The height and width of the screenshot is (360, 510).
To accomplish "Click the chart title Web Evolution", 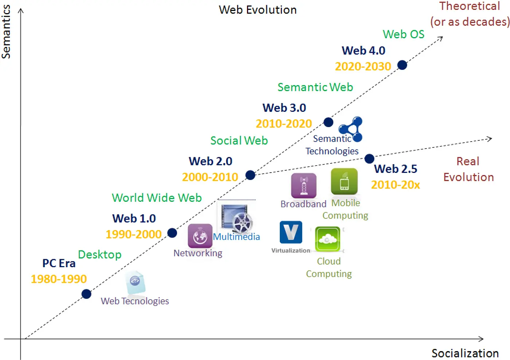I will click(x=258, y=10).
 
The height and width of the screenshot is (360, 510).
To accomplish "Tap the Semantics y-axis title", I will click(x=6, y=32).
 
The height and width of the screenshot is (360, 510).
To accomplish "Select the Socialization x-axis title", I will click(x=465, y=353).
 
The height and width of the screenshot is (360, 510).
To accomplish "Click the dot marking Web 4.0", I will click(x=402, y=65).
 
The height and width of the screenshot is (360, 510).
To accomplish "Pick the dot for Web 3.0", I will click(x=328, y=122).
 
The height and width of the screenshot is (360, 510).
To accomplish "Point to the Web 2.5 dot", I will click(x=369, y=159).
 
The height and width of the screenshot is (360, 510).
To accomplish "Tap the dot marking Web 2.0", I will click(x=250, y=175).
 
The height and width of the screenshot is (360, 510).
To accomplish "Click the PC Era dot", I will click(x=86, y=294).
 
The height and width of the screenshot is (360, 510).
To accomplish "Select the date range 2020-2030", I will click(x=363, y=66).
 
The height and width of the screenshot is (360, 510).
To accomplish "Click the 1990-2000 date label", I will click(x=133, y=234).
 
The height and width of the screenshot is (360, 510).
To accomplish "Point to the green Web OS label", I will click(x=403, y=34).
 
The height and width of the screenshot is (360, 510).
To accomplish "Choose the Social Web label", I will click(x=239, y=141).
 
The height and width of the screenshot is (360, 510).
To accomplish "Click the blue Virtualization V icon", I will click(x=291, y=232).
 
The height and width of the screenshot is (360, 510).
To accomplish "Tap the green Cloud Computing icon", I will click(x=327, y=239).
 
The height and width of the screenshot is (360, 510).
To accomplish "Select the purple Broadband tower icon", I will click(x=304, y=185).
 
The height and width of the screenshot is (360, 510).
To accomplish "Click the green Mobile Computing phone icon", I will click(x=344, y=181).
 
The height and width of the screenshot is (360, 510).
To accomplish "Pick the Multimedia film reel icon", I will click(x=236, y=218).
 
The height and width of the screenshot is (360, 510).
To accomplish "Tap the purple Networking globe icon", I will click(x=200, y=236).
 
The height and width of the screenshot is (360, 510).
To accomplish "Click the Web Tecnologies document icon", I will click(x=135, y=282).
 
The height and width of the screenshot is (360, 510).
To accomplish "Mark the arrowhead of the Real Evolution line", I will click(x=490, y=139).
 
